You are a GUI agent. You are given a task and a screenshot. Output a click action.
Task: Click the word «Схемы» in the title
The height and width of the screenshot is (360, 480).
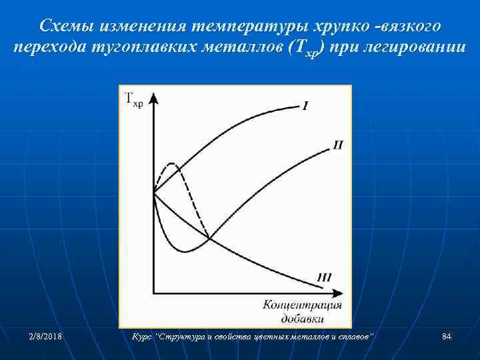click(65, 26)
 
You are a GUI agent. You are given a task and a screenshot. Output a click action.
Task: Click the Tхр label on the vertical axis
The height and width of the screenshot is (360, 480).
click(134, 100)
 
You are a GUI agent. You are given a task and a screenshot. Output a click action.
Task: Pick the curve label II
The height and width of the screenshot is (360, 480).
click(337, 145)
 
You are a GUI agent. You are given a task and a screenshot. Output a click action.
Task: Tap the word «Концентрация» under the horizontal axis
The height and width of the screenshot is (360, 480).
click(303, 305)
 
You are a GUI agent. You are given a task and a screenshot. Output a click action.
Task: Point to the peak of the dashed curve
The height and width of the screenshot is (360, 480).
click(173, 163)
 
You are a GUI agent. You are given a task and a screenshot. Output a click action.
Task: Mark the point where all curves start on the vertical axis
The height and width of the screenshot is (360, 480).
click(154, 193)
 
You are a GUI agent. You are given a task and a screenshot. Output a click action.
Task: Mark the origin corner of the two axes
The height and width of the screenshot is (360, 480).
click(154, 293)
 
